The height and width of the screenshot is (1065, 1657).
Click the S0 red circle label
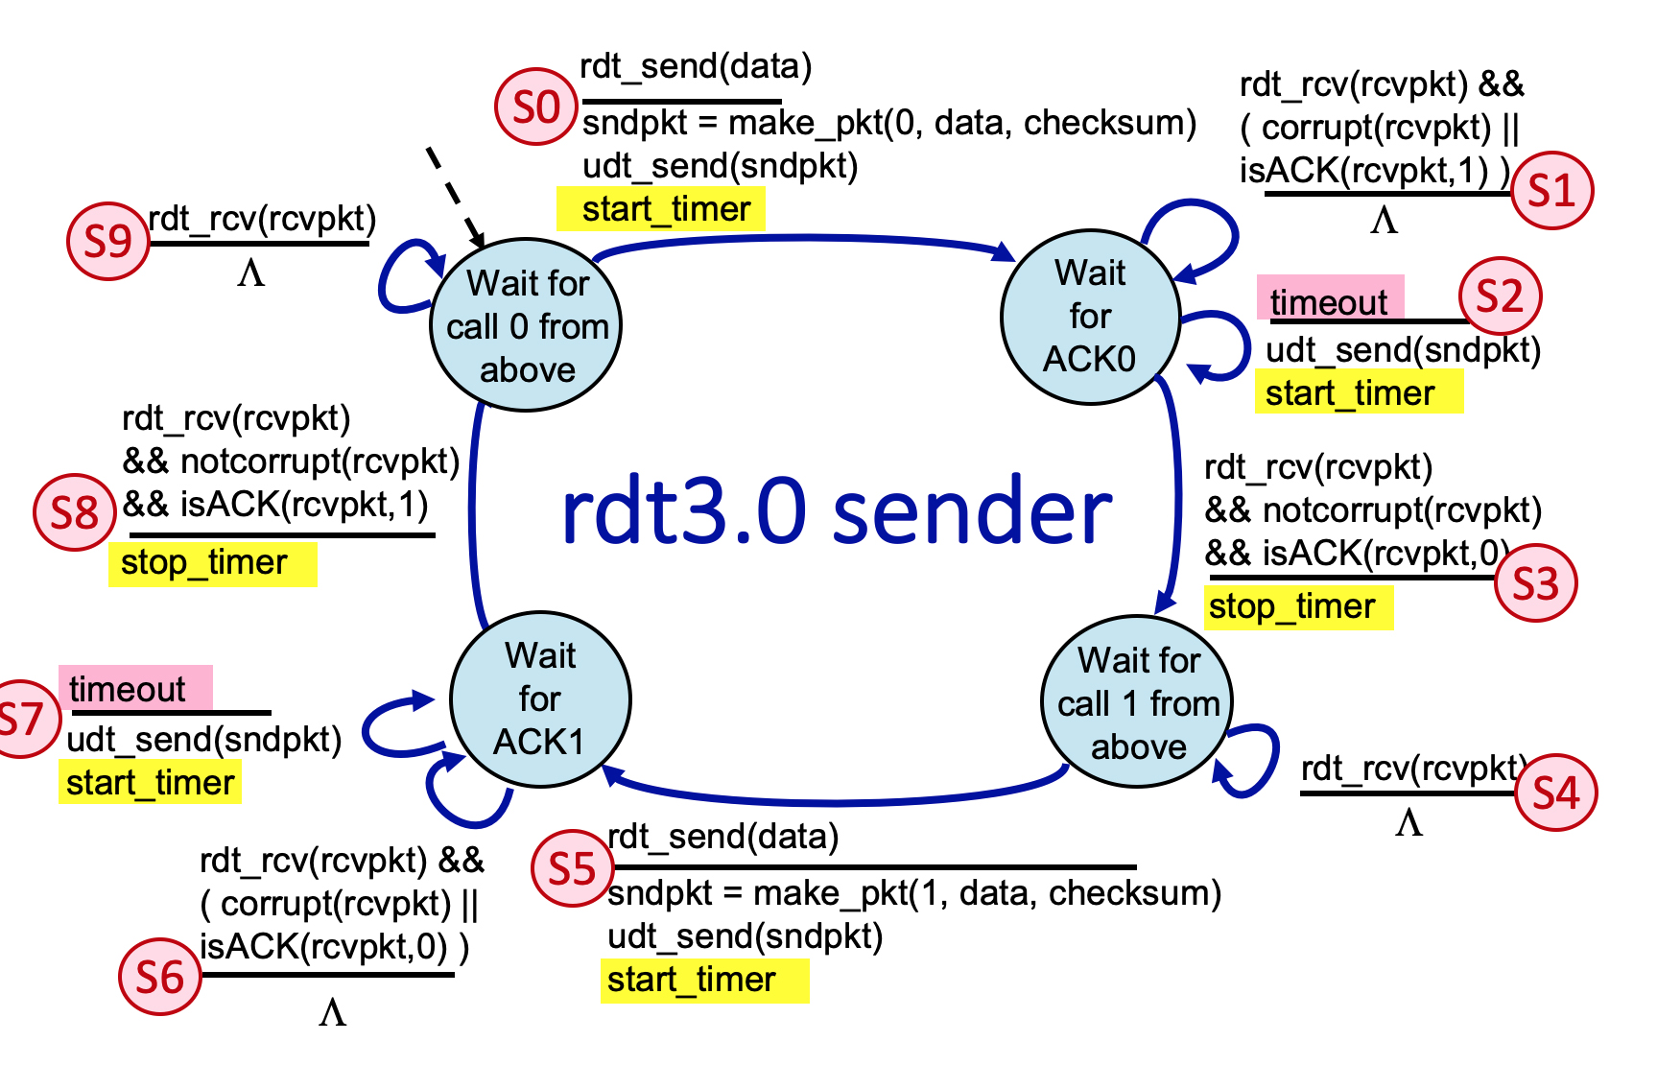click(535, 106)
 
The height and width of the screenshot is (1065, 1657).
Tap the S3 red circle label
click(1535, 582)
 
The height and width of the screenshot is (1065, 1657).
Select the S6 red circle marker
click(160, 977)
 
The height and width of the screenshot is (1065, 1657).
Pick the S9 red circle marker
click(107, 241)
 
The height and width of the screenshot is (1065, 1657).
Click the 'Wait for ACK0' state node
click(1090, 317)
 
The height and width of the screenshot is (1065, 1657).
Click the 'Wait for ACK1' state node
click(540, 699)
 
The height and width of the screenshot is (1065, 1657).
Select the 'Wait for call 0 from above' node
click(527, 326)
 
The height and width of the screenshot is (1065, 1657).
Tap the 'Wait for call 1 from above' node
click(1138, 702)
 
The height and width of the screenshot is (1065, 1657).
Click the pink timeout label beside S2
click(1330, 300)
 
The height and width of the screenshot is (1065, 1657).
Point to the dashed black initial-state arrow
click(455, 197)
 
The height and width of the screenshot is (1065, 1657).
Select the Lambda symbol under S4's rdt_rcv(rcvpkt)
click(1408, 823)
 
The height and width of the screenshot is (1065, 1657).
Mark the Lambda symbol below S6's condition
click(332, 1012)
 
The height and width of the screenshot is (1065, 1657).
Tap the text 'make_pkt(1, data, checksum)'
click(986, 893)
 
